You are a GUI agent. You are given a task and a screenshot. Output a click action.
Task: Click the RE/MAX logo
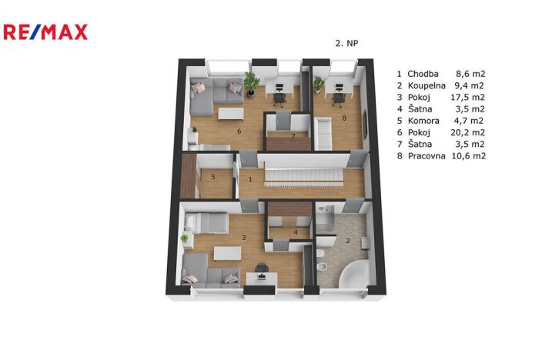45,32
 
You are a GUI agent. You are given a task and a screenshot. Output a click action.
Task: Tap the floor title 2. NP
346,43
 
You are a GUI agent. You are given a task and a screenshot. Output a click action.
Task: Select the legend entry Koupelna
427,85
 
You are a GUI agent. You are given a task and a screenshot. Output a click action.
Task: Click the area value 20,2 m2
468,132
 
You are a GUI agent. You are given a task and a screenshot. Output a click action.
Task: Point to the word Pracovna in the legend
427,156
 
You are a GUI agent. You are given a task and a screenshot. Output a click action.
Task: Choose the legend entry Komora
423,121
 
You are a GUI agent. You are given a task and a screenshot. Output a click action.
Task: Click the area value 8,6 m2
470,74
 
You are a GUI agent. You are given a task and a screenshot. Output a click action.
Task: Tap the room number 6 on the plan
239,132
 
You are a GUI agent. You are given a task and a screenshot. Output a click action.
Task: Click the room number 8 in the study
344,118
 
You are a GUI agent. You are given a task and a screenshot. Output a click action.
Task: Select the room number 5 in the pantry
213,177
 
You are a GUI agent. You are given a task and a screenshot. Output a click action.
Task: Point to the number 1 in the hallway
250,179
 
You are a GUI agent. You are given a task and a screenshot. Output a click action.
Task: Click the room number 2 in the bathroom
348,241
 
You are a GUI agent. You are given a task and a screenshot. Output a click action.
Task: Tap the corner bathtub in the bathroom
354,274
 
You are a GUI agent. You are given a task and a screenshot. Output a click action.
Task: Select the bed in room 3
206,223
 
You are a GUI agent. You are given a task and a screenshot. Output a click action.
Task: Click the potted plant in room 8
319,84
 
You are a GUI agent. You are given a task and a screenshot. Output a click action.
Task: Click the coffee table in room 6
231,114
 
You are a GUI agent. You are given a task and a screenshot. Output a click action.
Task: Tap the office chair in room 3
262,268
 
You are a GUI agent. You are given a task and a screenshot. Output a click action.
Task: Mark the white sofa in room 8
323,134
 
